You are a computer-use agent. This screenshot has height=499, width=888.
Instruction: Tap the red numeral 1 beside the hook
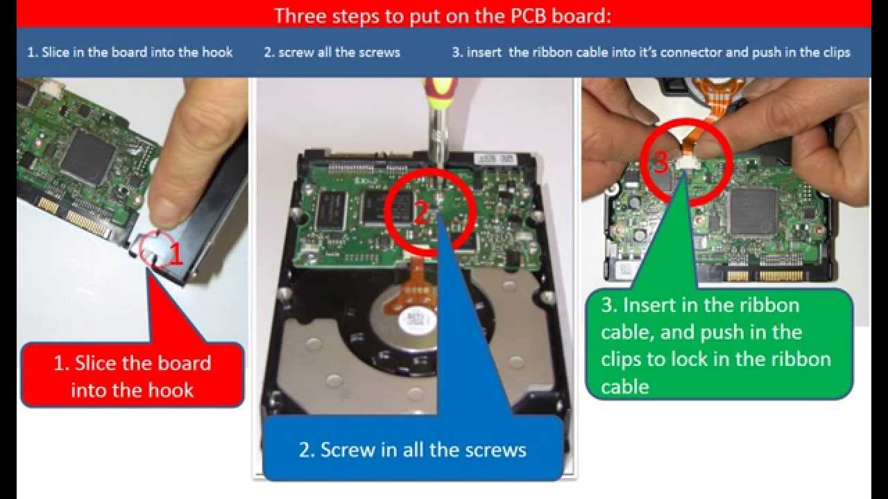pyautogui.click(x=176, y=254)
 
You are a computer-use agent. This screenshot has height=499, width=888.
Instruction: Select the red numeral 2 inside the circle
pyautogui.click(x=421, y=212)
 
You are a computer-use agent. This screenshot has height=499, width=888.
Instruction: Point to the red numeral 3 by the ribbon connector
pyautogui.click(x=660, y=161)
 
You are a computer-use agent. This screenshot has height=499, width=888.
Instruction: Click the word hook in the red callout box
pyautogui.click(x=171, y=390)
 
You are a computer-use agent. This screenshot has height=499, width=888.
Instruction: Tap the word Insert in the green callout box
pyautogui.click(x=649, y=305)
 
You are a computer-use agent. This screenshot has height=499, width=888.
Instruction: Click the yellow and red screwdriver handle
pyautogui.click(x=440, y=92)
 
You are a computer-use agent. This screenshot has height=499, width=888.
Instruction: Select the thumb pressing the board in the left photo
pyautogui.click(x=187, y=159)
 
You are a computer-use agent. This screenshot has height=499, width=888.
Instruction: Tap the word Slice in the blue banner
pyautogui.click(x=55, y=52)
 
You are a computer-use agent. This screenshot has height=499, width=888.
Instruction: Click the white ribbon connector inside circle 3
pyautogui.click(x=685, y=162)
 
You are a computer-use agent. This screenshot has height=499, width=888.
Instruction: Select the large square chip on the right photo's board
pyautogui.click(x=752, y=211)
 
